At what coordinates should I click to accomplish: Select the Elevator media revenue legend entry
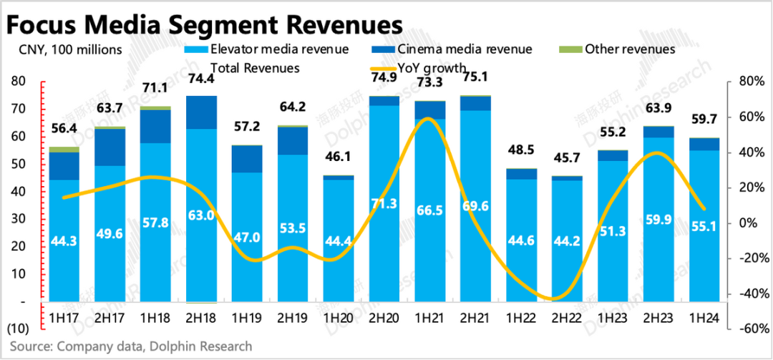coord(279,49)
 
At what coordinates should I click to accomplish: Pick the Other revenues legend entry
coord(629,49)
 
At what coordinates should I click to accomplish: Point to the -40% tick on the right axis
coord(744,293)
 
